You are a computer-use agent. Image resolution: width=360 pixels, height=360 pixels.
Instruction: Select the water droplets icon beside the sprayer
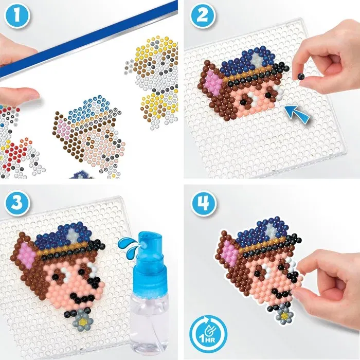click(x=123, y=244)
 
